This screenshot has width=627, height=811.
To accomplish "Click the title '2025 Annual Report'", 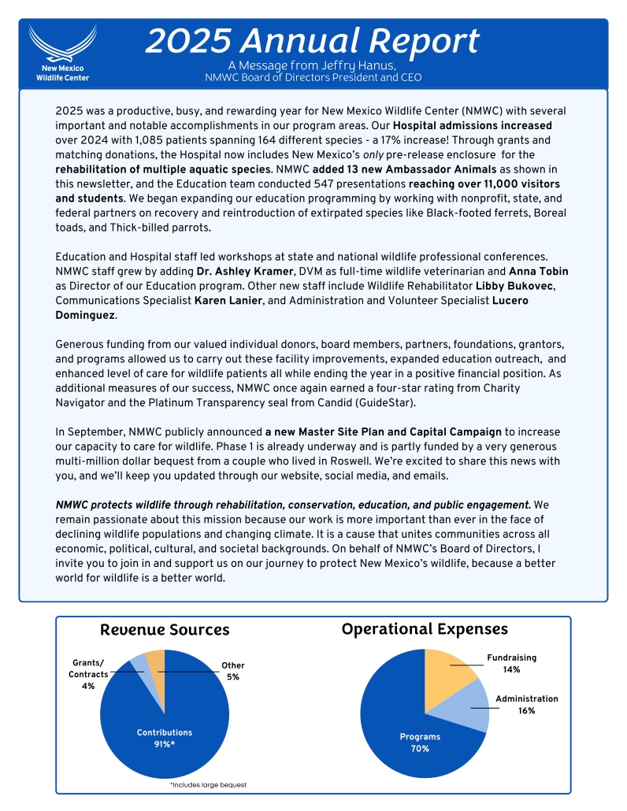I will [312, 40].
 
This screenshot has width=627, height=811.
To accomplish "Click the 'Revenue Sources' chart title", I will [165, 630].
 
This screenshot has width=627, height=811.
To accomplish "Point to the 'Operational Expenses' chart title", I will [425, 629].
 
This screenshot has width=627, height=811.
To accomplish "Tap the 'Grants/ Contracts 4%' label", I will [87, 674].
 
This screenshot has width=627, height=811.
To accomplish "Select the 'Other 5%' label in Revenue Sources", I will [232, 671].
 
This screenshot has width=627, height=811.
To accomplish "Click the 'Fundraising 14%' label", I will [512, 663].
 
